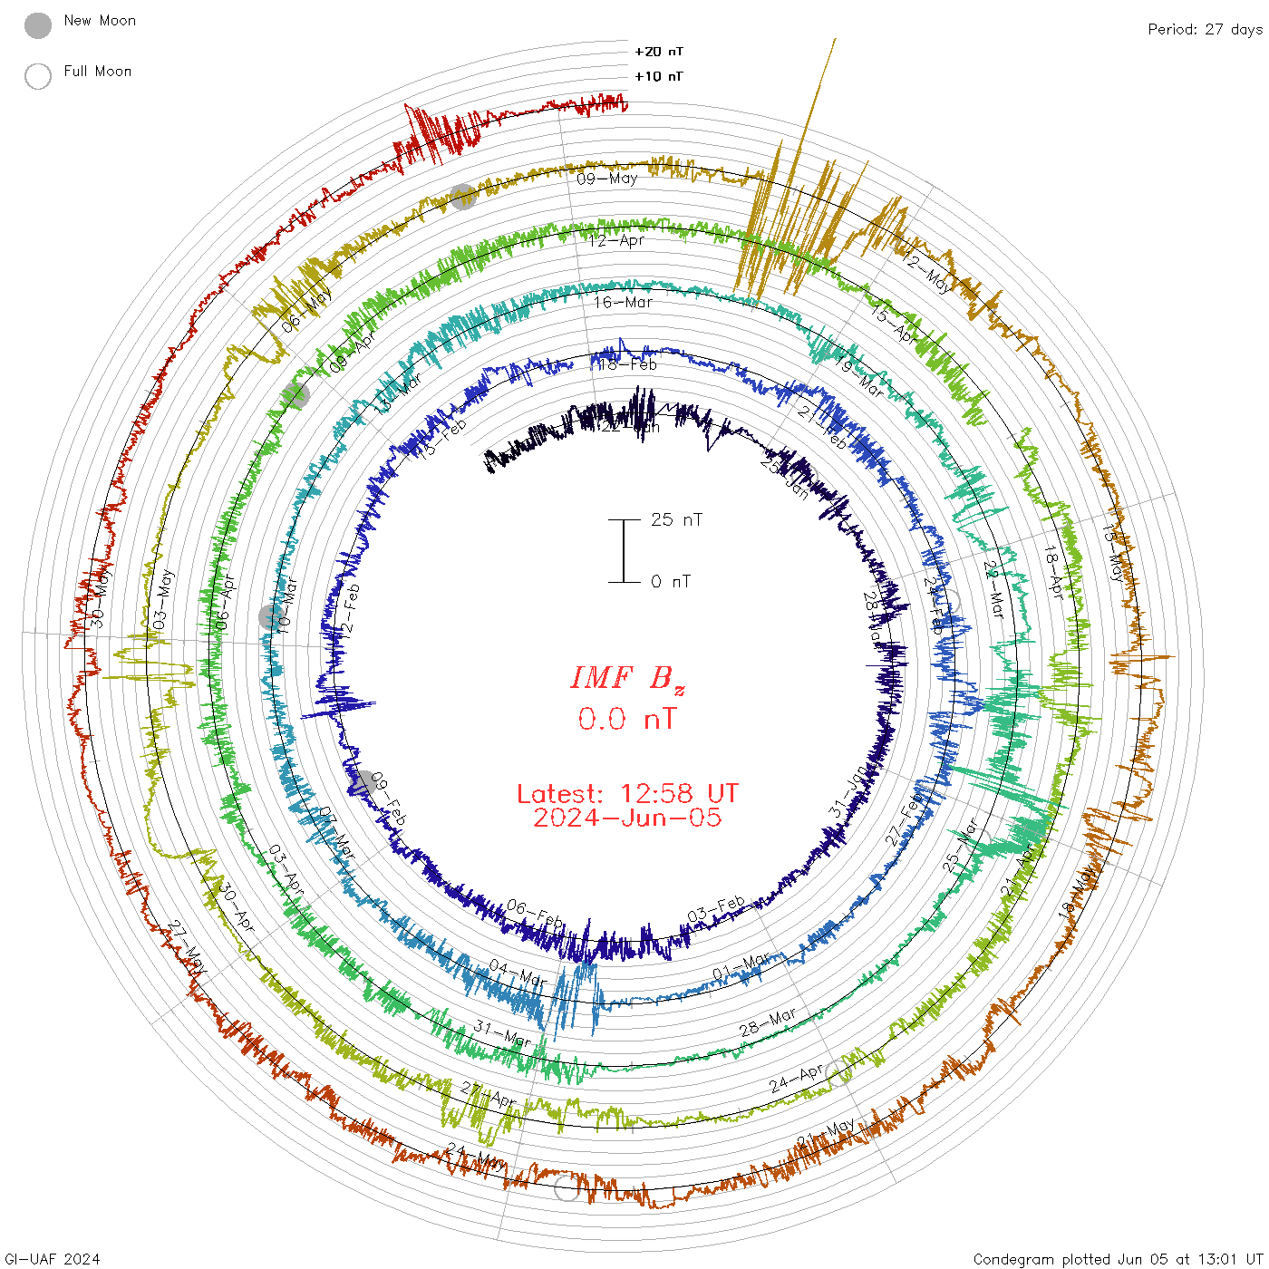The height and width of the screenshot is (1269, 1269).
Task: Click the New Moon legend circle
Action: (38, 25)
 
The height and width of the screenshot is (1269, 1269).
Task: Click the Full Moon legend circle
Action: (38, 76)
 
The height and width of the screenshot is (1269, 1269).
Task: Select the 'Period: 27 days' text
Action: (1205, 29)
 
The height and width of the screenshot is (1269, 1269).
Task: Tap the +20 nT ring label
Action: (659, 52)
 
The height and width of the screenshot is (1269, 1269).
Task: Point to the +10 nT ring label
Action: (659, 76)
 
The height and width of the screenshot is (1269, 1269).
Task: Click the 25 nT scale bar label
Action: (676, 519)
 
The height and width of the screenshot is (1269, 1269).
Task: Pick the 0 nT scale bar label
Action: (671, 581)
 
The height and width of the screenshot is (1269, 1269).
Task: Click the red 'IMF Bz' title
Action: (627, 678)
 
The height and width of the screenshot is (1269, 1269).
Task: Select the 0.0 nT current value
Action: (627, 720)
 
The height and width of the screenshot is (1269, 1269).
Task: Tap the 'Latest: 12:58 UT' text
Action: (627, 794)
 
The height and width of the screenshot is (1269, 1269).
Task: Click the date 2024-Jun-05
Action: (627, 818)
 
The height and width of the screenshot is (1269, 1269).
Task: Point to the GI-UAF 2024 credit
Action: (53, 1259)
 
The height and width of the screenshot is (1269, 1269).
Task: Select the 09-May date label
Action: (607, 179)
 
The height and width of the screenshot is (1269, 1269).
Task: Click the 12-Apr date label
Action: (616, 241)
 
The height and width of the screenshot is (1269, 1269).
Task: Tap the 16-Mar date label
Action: (624, 302)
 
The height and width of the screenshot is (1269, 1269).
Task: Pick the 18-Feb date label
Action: (627, 364)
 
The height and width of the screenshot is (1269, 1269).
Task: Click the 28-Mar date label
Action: (768, 1022)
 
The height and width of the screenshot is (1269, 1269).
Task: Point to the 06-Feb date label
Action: (535, 914)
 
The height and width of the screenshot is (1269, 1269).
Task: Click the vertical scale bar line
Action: (624, 550)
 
